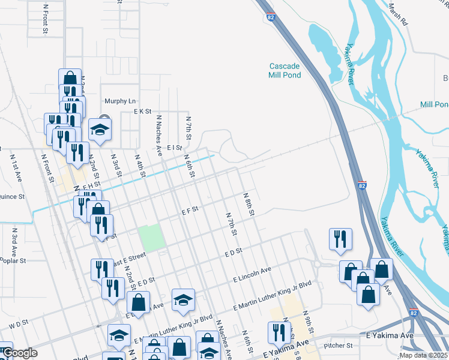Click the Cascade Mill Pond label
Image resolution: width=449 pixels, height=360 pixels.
pyautogui.click(x=285, y=70)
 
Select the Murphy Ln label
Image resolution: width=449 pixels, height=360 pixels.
pyautogui.click(x=120, y=101)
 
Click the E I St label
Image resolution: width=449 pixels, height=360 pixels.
pyautogui.click(x=174, y=147)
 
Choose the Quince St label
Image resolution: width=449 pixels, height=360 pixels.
pyautogui.click(x=12, y=196)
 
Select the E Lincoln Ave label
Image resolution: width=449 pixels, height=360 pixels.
pyautogui.click(x=252, y=275)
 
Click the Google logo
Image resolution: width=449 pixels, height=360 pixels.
pyautogui.click(x=20, y=353)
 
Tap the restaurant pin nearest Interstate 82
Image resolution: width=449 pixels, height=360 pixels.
pyautogui.click(x=340, y=238)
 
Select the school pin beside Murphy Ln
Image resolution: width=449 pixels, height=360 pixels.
pyautogui.click(x=100, y=129)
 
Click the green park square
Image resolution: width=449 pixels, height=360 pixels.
pyautogui.click(x=151, y=238)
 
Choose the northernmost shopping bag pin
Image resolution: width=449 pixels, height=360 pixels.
pyautogui.click(x=70, y=79)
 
